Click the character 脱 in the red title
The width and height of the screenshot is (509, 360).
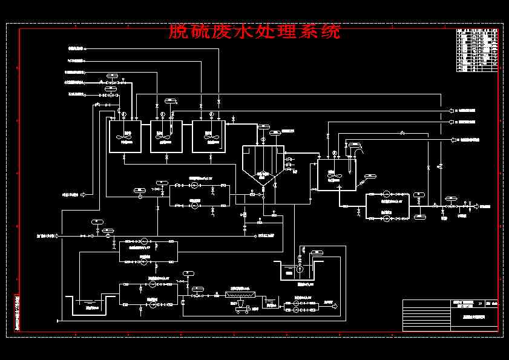tap(177, 31)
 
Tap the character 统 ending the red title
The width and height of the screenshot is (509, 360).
tap(330, 31)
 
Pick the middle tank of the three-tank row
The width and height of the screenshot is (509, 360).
tap(166, 137)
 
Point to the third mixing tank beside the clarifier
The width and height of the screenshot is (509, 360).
tap(208, 137)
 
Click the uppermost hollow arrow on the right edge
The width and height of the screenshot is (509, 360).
tap(452, 111)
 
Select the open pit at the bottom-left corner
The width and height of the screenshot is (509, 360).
tap(90, 305)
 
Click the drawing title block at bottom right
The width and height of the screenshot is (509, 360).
tap(452, 315)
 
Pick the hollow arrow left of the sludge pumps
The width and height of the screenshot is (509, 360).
tap(84, 194)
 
